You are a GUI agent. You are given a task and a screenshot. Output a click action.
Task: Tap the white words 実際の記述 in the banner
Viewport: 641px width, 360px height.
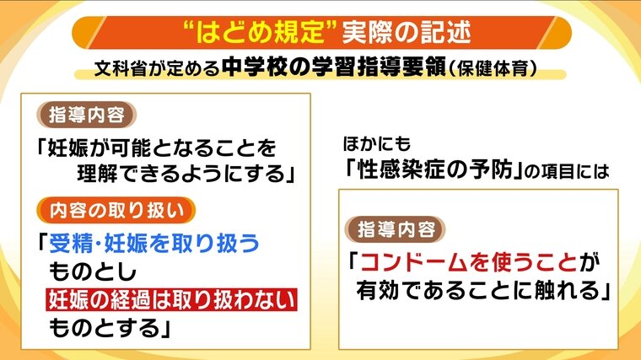click(x=407, y=32)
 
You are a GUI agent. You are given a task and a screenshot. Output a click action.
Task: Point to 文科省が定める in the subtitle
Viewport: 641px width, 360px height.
click(x=157, y=68)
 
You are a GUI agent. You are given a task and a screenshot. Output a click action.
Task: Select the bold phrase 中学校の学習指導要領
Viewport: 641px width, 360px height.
click(x=334, y=67)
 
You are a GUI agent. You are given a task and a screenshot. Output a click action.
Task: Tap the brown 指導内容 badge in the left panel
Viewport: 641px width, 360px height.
click(x=86, y=115)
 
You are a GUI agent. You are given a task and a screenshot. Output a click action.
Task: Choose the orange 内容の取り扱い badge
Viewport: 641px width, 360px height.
click(x=116, y=211)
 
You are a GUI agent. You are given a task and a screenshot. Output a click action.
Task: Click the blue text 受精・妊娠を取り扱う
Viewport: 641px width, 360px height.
click(x=154, y=244)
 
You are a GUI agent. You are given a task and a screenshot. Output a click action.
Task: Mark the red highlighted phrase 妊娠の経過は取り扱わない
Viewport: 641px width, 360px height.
click(x=171, y=299)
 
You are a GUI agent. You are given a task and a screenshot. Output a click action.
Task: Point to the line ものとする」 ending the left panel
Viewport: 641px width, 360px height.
click(x=110, y=328)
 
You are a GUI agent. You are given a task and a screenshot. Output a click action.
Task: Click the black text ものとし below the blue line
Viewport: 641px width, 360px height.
click(x=92, y=271)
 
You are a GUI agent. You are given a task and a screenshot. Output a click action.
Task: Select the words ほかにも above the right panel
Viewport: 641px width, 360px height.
click(x=376, y=144)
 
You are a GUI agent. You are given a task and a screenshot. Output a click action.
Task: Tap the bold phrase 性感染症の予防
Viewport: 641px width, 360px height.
click(x=434, y=169)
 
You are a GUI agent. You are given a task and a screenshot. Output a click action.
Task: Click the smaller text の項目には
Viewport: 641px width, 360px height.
click(x=567, y=172)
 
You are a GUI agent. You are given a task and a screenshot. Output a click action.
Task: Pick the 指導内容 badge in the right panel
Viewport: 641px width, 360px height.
click(x=396, y=229)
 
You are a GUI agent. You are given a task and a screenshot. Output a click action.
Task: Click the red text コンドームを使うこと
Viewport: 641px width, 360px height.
click(x=468, y=262)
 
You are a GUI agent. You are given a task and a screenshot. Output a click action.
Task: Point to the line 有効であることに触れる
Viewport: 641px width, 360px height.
click(x=478, y=291)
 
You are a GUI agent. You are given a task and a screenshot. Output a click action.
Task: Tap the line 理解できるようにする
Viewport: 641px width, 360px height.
click(x=180, y=174)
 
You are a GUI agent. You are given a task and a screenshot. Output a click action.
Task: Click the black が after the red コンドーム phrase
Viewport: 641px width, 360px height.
click(x=588, y=262)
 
